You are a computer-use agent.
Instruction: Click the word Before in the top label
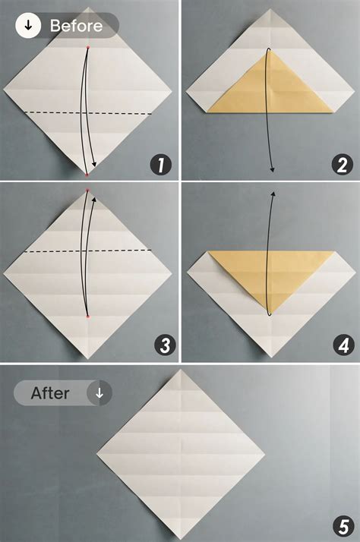tap(76, 26)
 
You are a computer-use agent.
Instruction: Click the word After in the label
tap(50, 393)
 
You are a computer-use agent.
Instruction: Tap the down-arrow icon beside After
tap(99, 393)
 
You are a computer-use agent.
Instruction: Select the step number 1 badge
tap(161, 163)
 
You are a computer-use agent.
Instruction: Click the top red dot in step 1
tap(88, 47)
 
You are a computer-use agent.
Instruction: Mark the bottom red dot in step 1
tap(88, 174)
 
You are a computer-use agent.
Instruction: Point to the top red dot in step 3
tap(88, 190)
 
